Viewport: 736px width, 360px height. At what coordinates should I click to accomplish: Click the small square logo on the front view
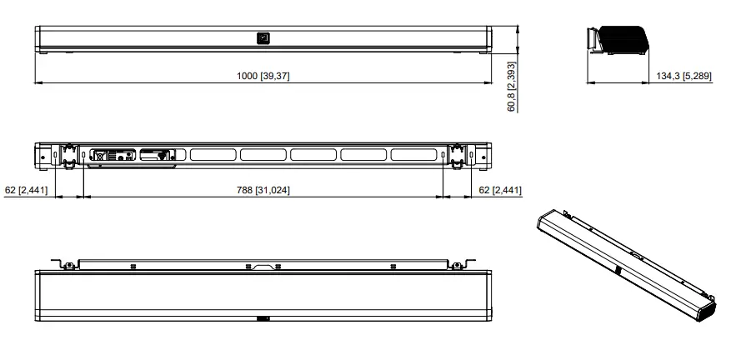tap(263, 37)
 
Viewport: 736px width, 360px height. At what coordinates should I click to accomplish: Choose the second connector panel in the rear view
tap(157, 154)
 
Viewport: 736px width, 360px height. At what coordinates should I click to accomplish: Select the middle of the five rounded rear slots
tap(313, 154)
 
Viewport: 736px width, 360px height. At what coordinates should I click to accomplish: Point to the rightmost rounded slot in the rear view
tap(413, 154)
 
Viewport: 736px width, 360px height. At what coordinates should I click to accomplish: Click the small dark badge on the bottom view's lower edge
tap(263, 317)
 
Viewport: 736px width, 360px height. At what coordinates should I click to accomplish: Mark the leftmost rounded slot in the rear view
tap(213, 154)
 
